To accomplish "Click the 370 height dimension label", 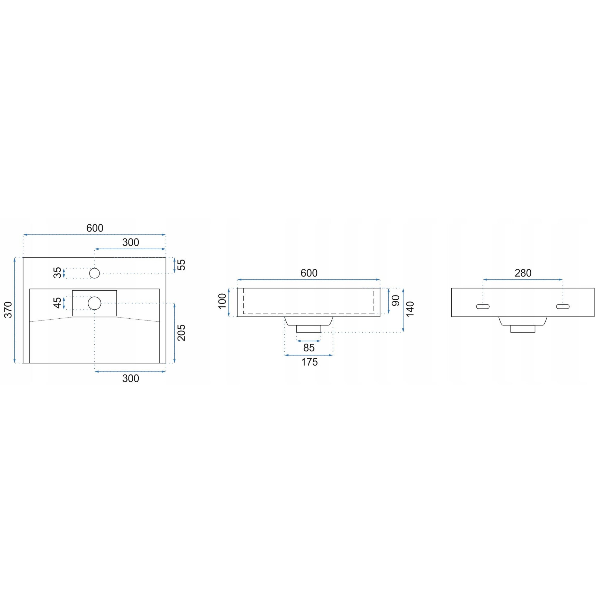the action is tap(8, 310).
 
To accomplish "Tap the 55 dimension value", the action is tap(181, 265).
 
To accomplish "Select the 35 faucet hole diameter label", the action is tap(57, 273).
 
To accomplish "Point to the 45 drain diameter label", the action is tap(57, 303).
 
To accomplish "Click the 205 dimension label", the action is tap(181, 333).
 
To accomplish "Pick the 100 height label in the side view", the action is tap(222, 301).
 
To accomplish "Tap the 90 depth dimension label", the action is tap(396, 301).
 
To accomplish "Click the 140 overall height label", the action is tap(410, 309).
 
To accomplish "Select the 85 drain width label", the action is tap(309, 348).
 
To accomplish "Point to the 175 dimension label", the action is tap(309, 362).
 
